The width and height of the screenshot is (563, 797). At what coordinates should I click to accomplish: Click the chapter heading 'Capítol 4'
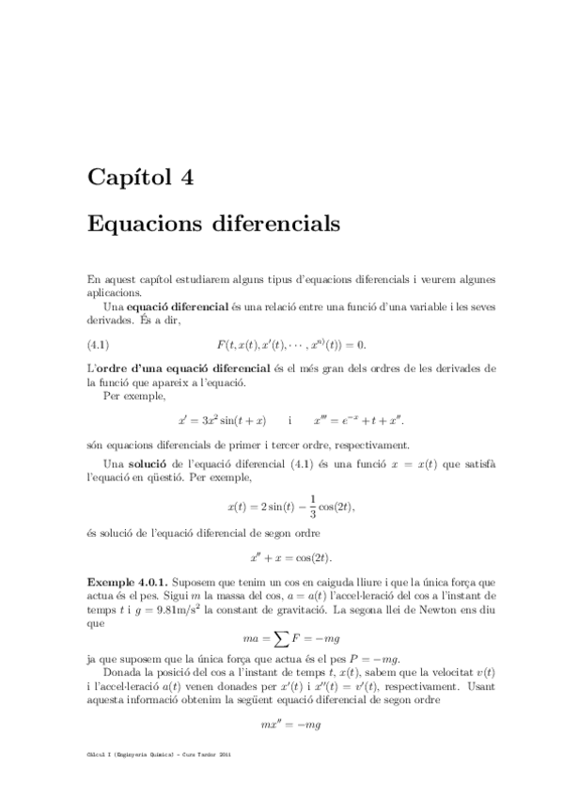tap(140, 177)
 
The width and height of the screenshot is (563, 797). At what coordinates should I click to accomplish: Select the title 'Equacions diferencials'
tap(211, 226)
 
